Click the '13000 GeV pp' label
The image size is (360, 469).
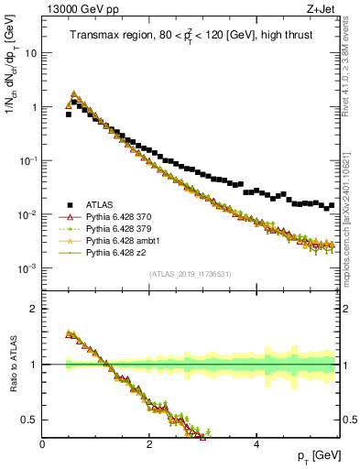(x=72, y=8)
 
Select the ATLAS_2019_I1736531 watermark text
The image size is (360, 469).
(x=190, y=274)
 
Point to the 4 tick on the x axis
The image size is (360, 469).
(x=256, y=444)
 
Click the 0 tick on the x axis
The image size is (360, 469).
(x=43, y=444)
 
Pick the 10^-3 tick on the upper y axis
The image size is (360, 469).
(x=27, y=267)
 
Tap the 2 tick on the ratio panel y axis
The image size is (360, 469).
(x=33, y=309)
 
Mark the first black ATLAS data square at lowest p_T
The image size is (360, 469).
(x=68, y=115)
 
